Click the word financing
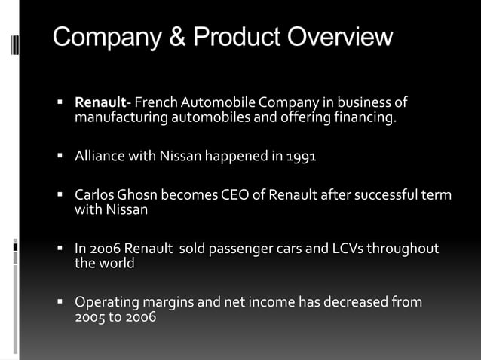click(367, 117)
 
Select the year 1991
click(302, 157)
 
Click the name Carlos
click(93, 196)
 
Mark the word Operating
click(107, 303)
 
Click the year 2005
click(90, 317)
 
